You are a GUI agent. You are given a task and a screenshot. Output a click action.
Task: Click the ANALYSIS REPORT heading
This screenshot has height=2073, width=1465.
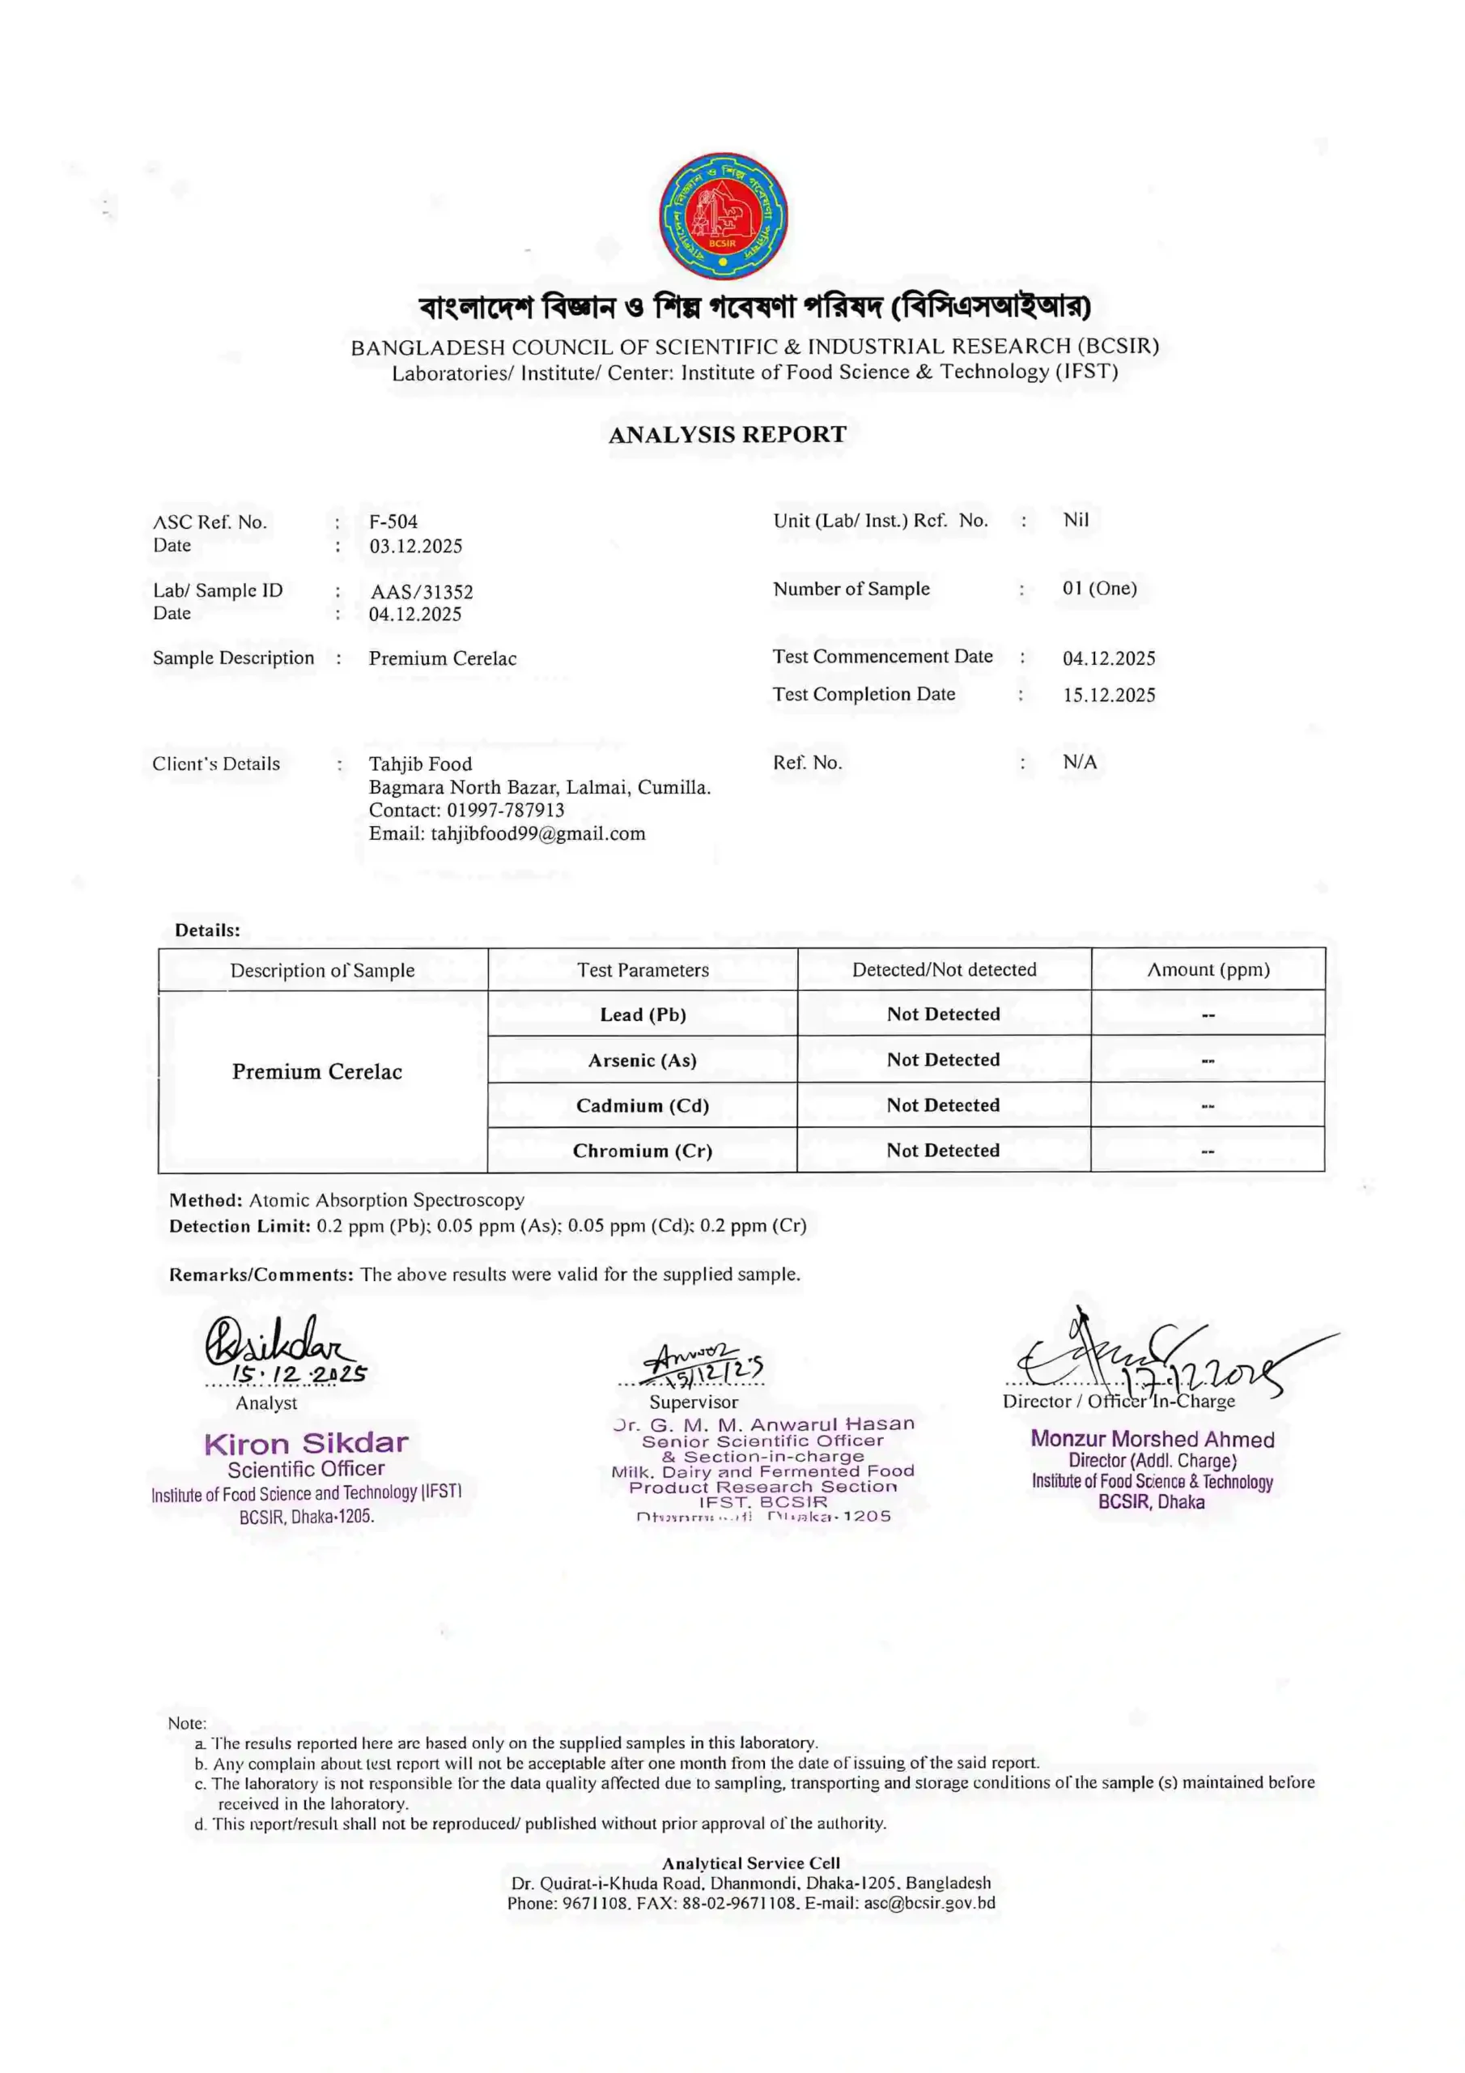(x=728, y=434)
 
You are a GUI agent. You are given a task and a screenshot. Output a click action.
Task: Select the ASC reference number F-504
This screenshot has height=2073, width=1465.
(x=393, y=521)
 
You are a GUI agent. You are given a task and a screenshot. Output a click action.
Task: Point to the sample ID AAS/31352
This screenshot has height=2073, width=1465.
(x=422, y=592)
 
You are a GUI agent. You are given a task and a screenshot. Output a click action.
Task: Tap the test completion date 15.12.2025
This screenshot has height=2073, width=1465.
(x=1108, y=696)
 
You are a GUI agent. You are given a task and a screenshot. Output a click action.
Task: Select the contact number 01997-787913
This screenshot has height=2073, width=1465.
(x=506, y=811)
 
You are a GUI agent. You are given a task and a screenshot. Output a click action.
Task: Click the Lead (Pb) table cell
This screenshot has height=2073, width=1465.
(x=643, y=1015)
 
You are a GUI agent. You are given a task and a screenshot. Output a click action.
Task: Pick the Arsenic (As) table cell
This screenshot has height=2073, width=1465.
(x=643, y=1060)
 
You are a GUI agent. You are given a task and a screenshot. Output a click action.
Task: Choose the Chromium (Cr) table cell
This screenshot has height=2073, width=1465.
(x=643, y=1151)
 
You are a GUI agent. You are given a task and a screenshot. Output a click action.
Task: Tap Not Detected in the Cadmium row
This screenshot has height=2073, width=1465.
(x=943, y=1106)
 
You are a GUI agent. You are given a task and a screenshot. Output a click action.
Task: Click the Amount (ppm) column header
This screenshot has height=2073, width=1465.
(x=1208, y=969)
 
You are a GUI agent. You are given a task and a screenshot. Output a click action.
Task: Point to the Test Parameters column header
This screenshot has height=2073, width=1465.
(x=643, y=971)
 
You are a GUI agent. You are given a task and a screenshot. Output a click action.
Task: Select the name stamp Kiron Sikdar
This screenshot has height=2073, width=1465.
(x=306, y=1444)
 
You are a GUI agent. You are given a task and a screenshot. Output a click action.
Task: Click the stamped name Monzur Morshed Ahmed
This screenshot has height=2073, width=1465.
(x=1153, y=1439)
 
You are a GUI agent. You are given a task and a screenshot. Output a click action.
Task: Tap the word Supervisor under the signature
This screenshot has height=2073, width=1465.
(x=693, y=1403)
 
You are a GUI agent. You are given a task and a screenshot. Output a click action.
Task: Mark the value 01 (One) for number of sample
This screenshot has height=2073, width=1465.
(x=1099, y=589)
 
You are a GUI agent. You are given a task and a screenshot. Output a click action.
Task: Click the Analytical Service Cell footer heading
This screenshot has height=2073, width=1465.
(x=751, y=1862)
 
